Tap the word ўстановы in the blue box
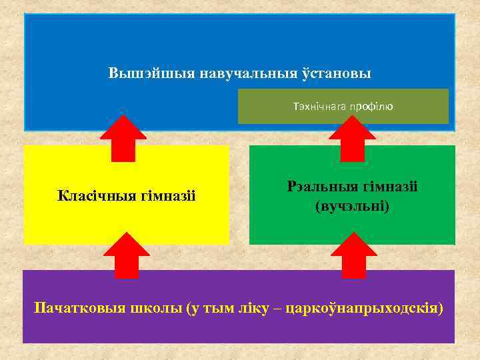[339, 73]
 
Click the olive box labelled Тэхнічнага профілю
[343, 106]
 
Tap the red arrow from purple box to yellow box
[126, 255]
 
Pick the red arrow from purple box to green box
[354, 255]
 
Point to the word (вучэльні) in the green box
[352, 207]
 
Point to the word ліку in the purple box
[254, 309]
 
